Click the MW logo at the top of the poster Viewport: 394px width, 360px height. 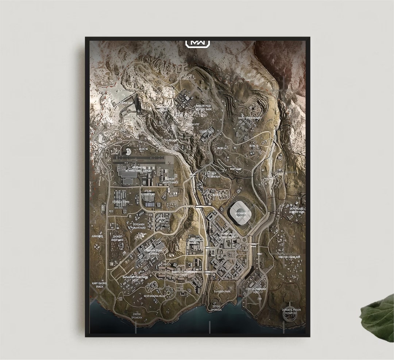click(198, 43)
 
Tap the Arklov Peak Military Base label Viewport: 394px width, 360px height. click(198, 107)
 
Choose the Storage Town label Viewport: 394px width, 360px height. click(121, 202)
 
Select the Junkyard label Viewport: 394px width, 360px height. click(97, 236)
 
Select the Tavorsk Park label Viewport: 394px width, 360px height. click(222, 292)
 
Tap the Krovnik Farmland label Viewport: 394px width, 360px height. click(289, 257)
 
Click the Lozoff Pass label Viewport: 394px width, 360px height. click(206, 131)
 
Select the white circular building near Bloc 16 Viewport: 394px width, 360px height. click(128, 152)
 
